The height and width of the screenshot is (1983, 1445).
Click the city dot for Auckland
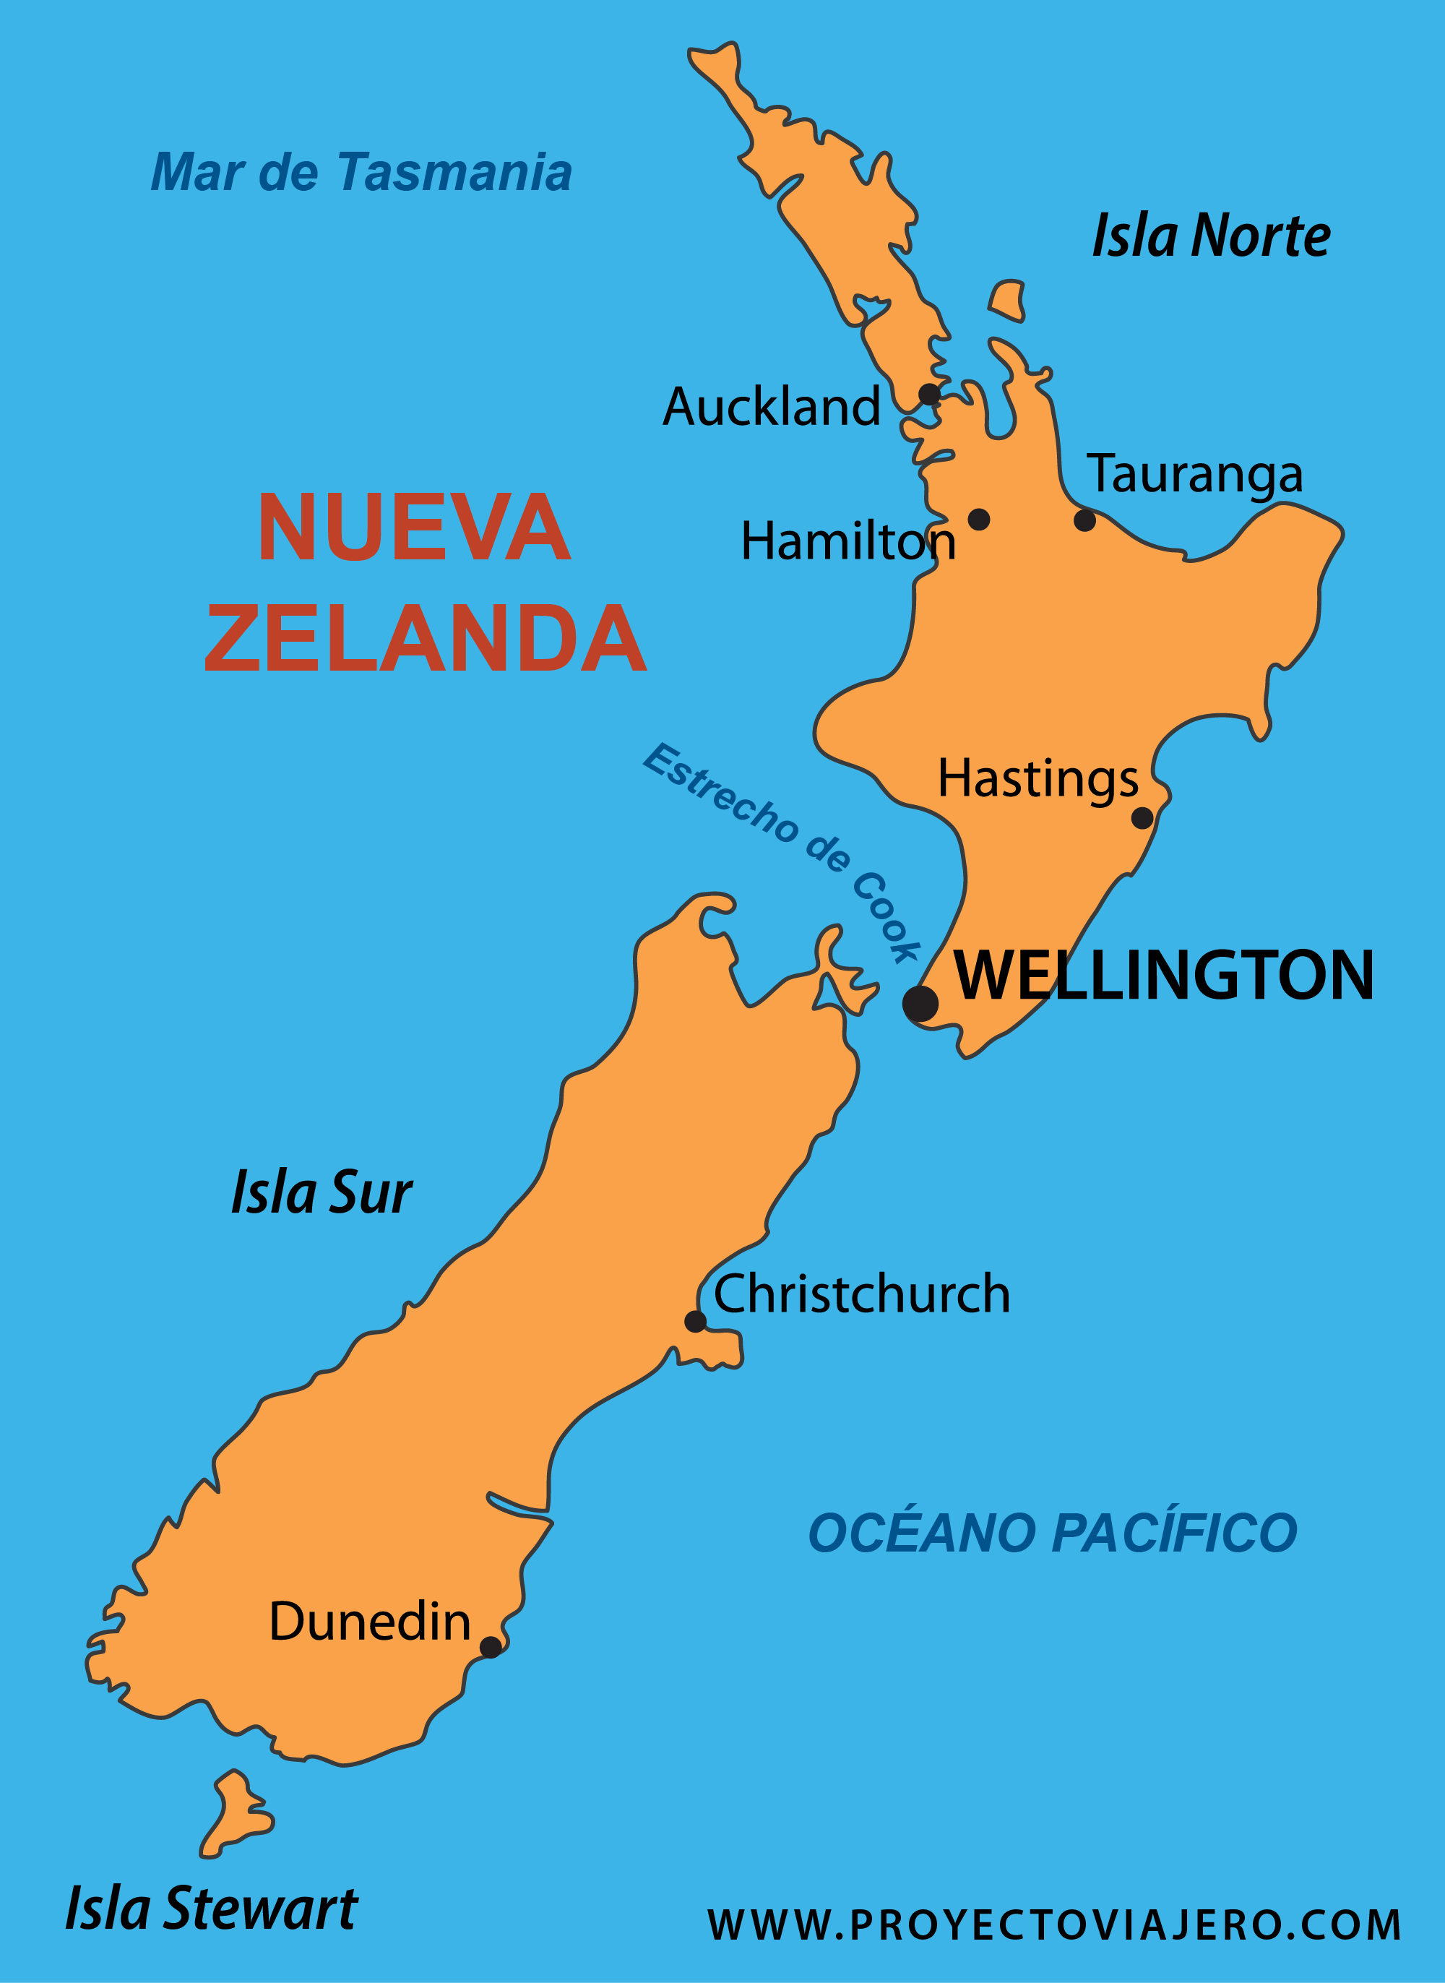[929, 395]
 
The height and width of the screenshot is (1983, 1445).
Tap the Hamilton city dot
[979, 520]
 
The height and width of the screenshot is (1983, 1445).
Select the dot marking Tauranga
[1084, 520]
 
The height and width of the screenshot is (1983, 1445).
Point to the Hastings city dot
[1142, 818]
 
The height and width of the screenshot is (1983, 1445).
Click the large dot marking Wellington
[920, 1003]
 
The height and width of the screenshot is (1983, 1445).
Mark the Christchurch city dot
[695, 1321]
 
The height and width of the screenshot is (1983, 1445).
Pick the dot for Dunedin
[491, 1647]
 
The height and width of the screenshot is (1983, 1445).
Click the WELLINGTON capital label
[1163, 976]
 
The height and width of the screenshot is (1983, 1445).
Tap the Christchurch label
[861, 1294]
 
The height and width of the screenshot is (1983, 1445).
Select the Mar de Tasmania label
[361, 172]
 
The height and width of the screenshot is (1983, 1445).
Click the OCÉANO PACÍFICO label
[1052, 1533]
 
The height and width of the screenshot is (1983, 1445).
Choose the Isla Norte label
[1212, 236]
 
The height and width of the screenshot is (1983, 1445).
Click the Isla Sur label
[321, 1192]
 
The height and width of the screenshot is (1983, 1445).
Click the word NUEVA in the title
[414, 528]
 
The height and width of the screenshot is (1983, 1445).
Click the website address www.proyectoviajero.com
[1054, 1924]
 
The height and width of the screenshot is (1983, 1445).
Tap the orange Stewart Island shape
[233, 1815]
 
